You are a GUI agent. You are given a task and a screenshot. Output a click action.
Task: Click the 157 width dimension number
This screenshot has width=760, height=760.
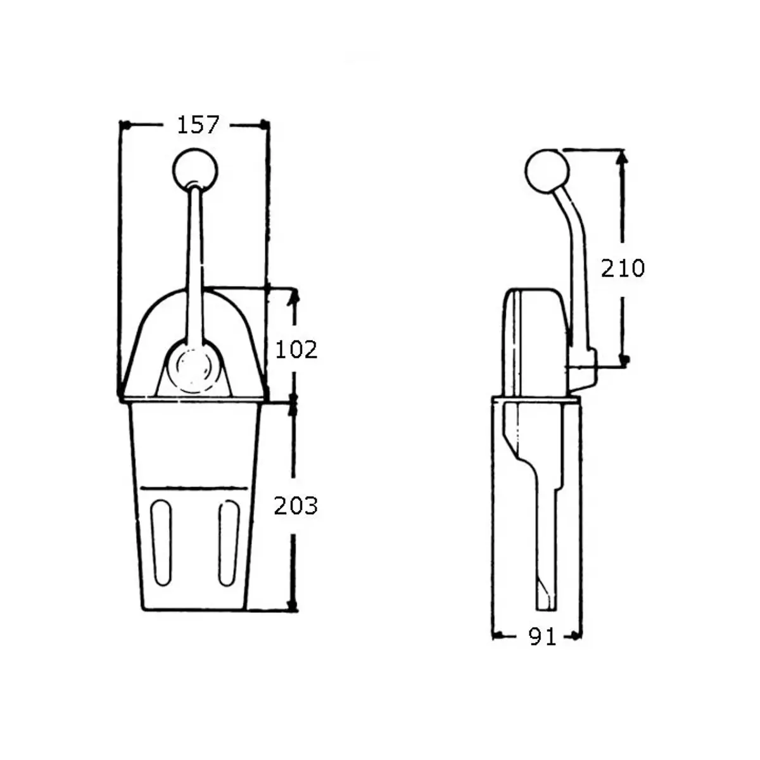tap(198, 125)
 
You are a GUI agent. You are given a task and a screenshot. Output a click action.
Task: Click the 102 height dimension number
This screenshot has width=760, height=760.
tap(296, 350)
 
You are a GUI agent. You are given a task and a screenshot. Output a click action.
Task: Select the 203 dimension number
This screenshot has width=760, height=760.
tap(295, 505)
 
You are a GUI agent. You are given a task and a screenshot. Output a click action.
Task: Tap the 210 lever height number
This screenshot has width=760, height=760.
tap(623, 268)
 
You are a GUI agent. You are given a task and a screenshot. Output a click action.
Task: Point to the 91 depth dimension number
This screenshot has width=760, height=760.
tap(542, 636)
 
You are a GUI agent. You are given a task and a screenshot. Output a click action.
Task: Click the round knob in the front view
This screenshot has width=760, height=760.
tap(195, 170)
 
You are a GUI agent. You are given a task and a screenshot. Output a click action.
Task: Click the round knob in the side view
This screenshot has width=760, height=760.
tap(547, 172)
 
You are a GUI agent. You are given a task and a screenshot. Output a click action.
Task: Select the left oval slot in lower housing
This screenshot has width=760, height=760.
tap(161, 543)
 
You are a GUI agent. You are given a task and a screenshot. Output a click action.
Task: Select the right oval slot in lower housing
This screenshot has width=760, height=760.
tap(229, 543)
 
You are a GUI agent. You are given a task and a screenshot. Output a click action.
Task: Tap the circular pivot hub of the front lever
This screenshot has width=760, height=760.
tap(193, 366)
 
